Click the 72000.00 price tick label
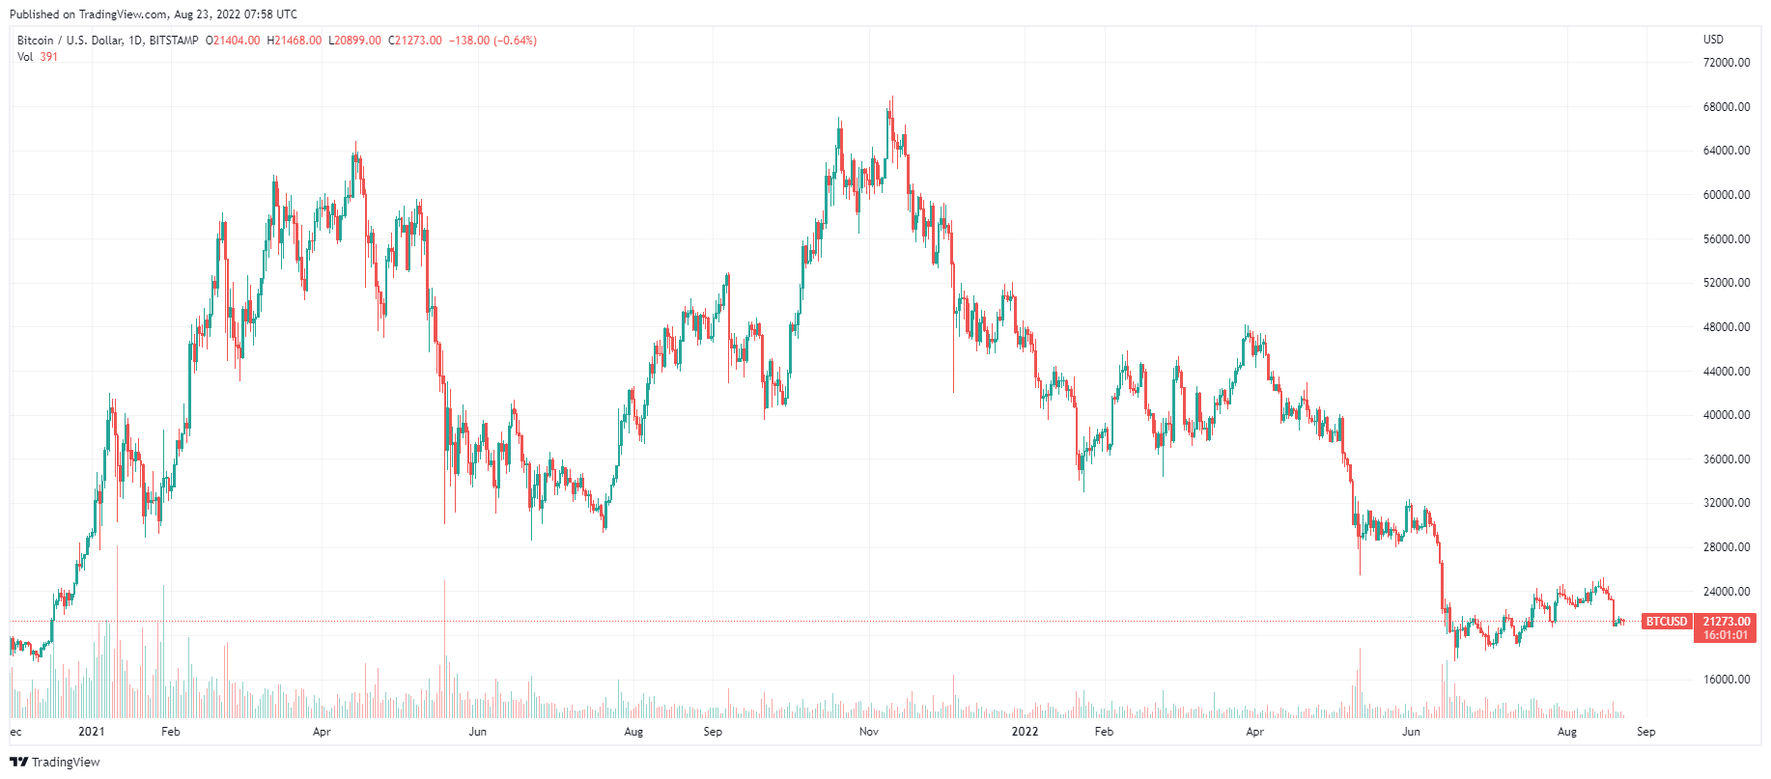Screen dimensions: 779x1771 tap(1726, 63)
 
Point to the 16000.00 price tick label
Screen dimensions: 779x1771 tap(1726, 680)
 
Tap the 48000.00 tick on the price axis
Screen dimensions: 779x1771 tap(1726, 327)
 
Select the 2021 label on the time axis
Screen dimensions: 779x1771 tap(91, 732)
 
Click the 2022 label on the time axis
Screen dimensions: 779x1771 tap(1025, 732)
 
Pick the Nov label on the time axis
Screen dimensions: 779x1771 tap(868, 732)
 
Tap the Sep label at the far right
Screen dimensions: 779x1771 tap(1645, 732)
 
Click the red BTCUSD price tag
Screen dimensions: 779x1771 tap(1667, 622)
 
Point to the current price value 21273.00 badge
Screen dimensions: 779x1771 tap(1726, 622)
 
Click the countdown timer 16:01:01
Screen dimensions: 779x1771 tap(1726, 635)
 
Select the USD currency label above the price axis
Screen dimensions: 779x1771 tap(1713, 40)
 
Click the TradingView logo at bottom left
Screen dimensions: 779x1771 tap(55, 762)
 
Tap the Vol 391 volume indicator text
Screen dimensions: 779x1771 tap(38, 57)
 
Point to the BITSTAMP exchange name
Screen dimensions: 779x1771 tap(174, 41)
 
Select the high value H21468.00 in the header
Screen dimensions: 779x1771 tap(295, 41)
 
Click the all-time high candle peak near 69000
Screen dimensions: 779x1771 tap(892, 97)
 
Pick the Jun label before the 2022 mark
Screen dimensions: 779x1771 tap(477, 732)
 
